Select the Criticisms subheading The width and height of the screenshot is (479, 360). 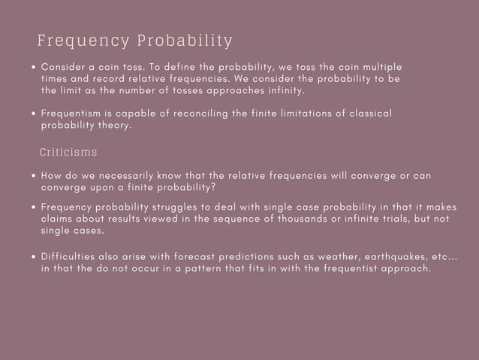[x=68, y=153]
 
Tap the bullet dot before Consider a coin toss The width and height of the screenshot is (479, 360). [x=35, y=66]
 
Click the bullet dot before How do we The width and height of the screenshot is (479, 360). [x=35, y=176]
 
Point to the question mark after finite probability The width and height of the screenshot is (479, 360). [x=214, y=187]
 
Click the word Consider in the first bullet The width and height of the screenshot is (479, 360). [x=65, y=66]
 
